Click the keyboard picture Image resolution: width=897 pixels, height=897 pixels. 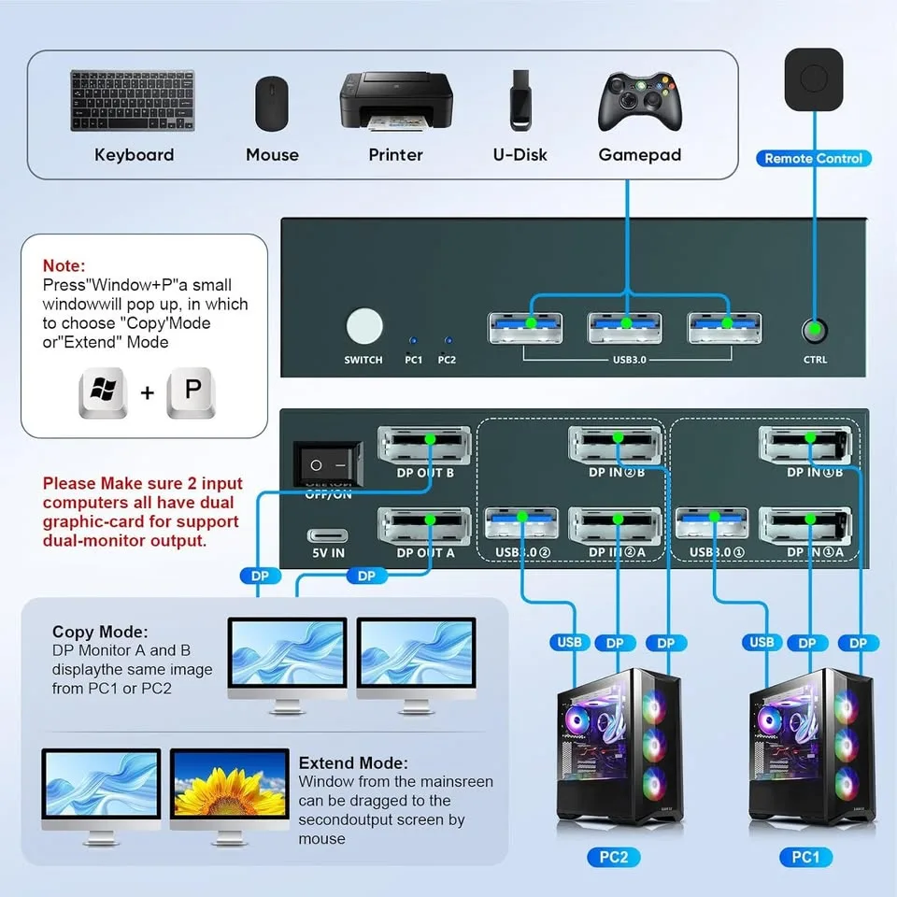[x=133, y=100]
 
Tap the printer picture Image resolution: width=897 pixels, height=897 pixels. [x=395, y=102]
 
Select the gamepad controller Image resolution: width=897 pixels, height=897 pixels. [x=639, y=102]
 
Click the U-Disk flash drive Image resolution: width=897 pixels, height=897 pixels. [x=520, y=99]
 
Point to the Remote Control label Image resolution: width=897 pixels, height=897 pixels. [x=813, y=158]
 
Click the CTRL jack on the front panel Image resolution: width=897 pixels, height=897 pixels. [x=815, y=329]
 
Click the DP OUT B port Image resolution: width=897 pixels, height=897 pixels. [x=424, y=444]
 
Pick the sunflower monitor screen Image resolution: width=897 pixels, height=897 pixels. [x=230, y=785]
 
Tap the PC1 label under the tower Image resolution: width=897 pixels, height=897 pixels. [x=804, y=857]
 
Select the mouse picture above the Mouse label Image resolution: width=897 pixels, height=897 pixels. [x=272, y=103]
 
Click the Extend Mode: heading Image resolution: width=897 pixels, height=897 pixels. [x=353, y=762]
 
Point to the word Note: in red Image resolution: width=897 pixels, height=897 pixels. [x=64, y=266]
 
